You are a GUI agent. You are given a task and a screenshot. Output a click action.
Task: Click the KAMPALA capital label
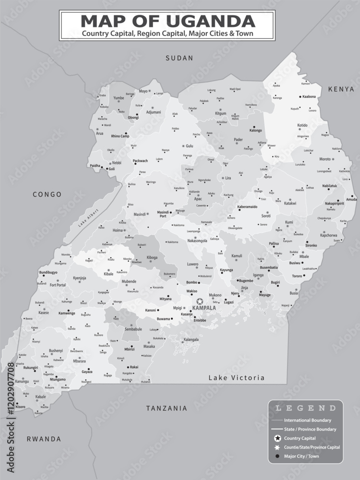[204, 308]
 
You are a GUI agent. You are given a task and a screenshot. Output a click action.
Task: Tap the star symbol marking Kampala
[199, 301]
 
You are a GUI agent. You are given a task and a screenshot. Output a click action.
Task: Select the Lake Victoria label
[236, 378]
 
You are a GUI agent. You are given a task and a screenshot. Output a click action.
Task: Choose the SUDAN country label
[179, 58]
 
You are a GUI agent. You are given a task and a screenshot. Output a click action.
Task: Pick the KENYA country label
[341, 89]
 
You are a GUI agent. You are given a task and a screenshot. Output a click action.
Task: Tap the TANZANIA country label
[167, 408]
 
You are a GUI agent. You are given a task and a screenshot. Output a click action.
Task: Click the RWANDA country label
[44, 439]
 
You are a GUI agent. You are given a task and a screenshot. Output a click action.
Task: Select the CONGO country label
[47, 194]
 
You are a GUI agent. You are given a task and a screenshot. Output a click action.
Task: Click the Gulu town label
[189, 146]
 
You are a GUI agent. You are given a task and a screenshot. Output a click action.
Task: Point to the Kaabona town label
[309, 96]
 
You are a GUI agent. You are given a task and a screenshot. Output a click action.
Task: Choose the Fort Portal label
[58, 285]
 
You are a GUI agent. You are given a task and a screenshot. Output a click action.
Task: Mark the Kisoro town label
[20, 407]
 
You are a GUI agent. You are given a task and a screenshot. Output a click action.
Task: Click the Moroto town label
[325, 159]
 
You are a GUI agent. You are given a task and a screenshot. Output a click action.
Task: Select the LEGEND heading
[306, 408]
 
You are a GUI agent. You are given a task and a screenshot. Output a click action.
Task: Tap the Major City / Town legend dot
[277, 456]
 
